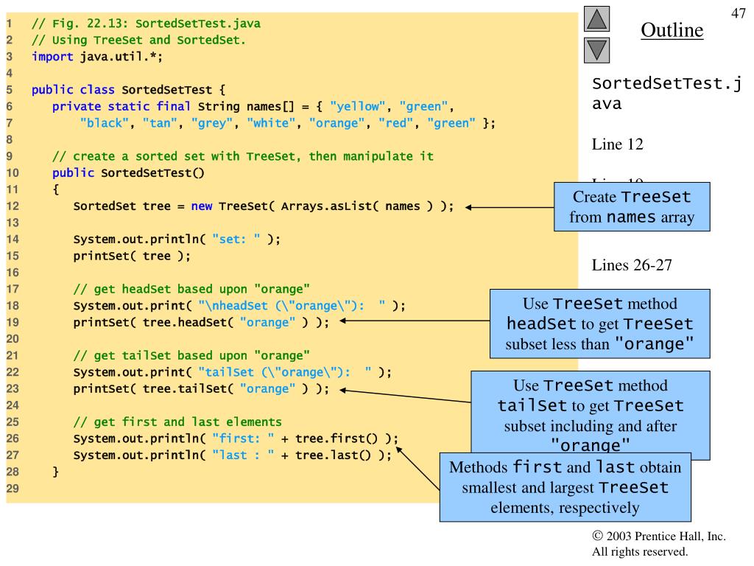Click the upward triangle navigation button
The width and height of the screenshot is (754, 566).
597,18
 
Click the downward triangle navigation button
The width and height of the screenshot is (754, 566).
597,51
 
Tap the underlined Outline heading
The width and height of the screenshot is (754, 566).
672,30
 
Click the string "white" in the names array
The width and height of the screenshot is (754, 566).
270,123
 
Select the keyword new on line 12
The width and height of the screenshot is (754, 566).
202,206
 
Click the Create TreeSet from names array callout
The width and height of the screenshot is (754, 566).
633,208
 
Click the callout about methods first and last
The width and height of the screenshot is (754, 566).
565,487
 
